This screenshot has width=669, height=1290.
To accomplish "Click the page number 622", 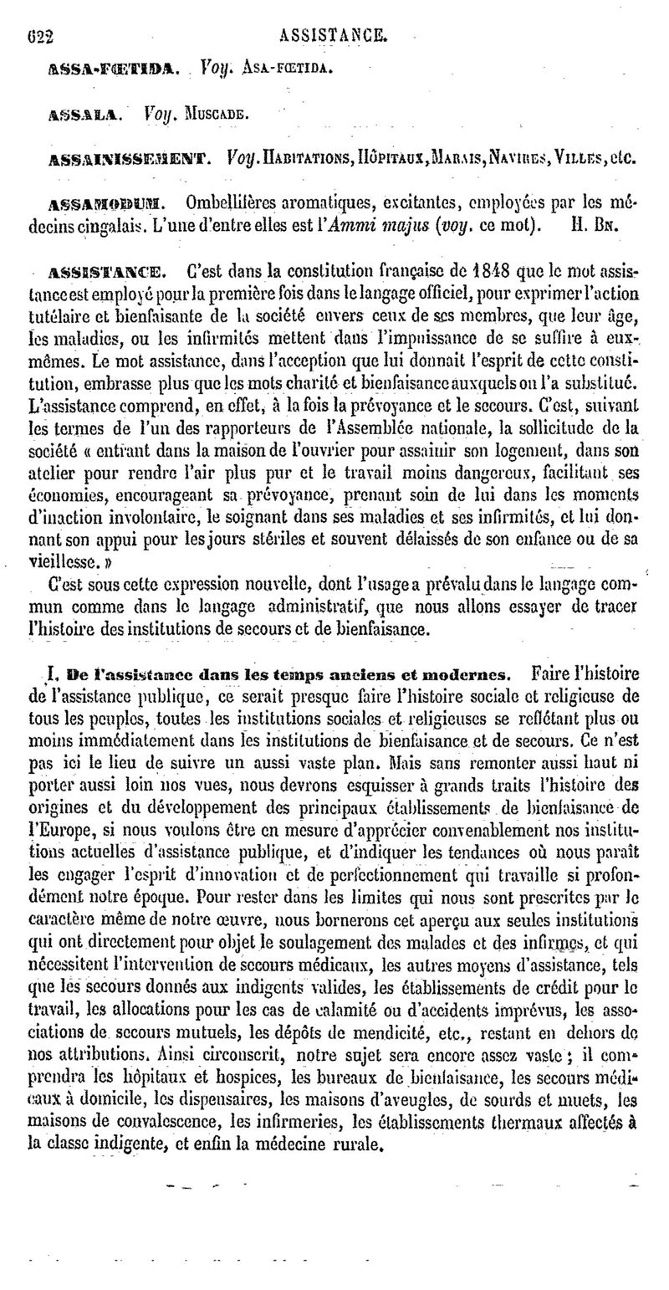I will [x=40, y=37].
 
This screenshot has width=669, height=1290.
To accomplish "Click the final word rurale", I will [x=356, y=1165].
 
